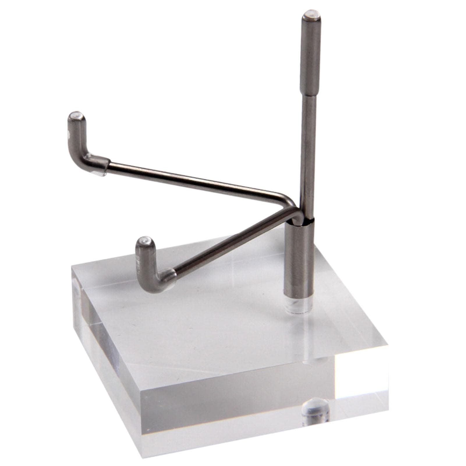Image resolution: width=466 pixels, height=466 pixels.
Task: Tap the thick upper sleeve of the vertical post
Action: pos(309,52)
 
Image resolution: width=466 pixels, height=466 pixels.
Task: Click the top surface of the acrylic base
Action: pos(218,320)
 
